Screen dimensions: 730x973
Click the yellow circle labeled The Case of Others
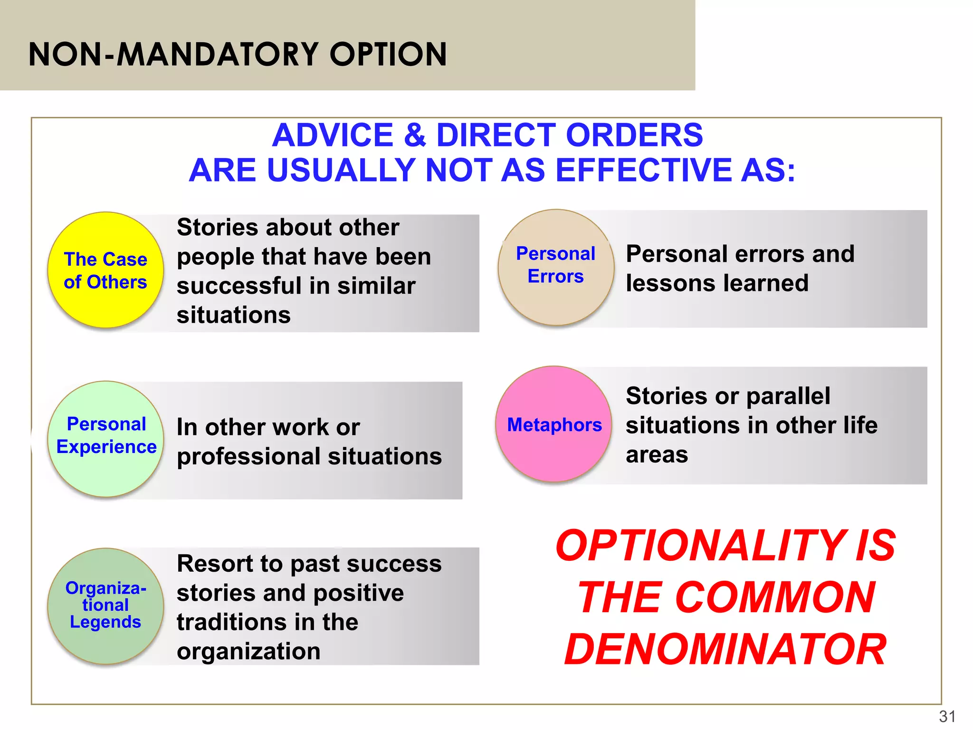[x=105, y=270]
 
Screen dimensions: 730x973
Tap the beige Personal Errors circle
[x=555, y=267]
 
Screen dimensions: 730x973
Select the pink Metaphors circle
[x=554, y=424]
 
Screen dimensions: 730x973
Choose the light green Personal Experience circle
[x=105, y=439]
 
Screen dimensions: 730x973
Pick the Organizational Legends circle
[x=105, y=606]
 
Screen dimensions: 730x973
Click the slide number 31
[x=947, y=716]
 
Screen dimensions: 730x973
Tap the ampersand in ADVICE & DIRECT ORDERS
[x=415, y=135]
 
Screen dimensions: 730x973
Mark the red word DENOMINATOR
[x=725, y=650]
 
